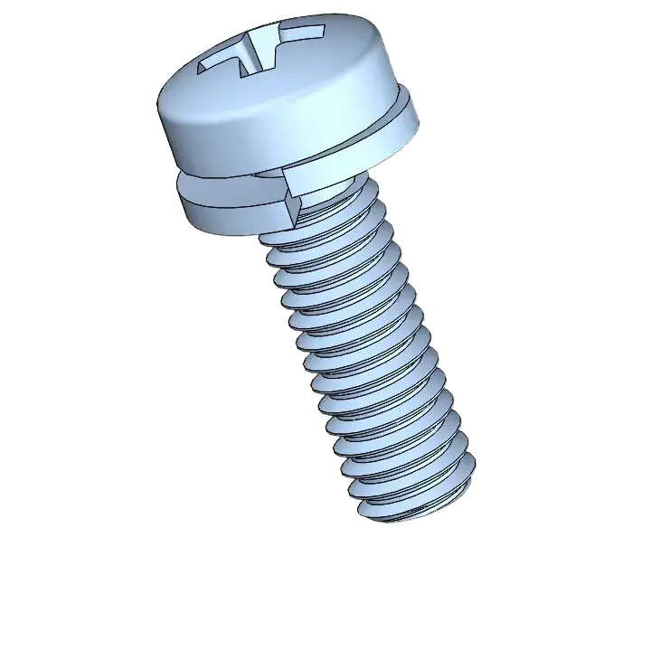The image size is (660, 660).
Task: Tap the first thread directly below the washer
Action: point(325,222)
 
